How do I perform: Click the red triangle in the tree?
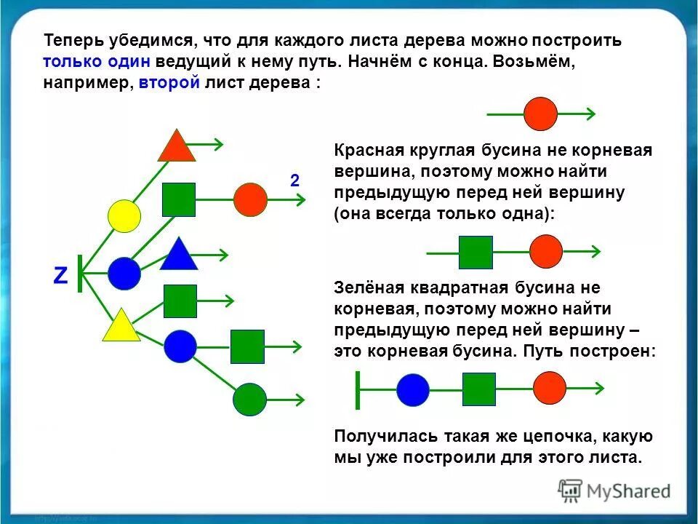click(x=177, y=148)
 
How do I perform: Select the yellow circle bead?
click(x=124, y=216)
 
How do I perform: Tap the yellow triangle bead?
click(x=121, y=327)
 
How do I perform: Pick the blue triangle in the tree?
click(x=179, y=255)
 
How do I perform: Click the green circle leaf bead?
click(x=250, y=399)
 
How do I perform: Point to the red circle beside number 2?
click(x=251, y=199)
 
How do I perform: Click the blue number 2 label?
click(x=294, y=181)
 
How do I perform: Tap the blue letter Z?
click(x=60, y=275)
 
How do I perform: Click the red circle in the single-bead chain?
click(x=541, y=114)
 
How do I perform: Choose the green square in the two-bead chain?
click(x=476, y=253)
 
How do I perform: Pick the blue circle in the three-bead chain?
click(x=413, y=389)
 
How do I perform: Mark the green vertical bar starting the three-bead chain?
click(x=357, y=389)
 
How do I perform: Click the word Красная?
click(x=369, y=151)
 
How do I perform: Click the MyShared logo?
click(x=614, y=491)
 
